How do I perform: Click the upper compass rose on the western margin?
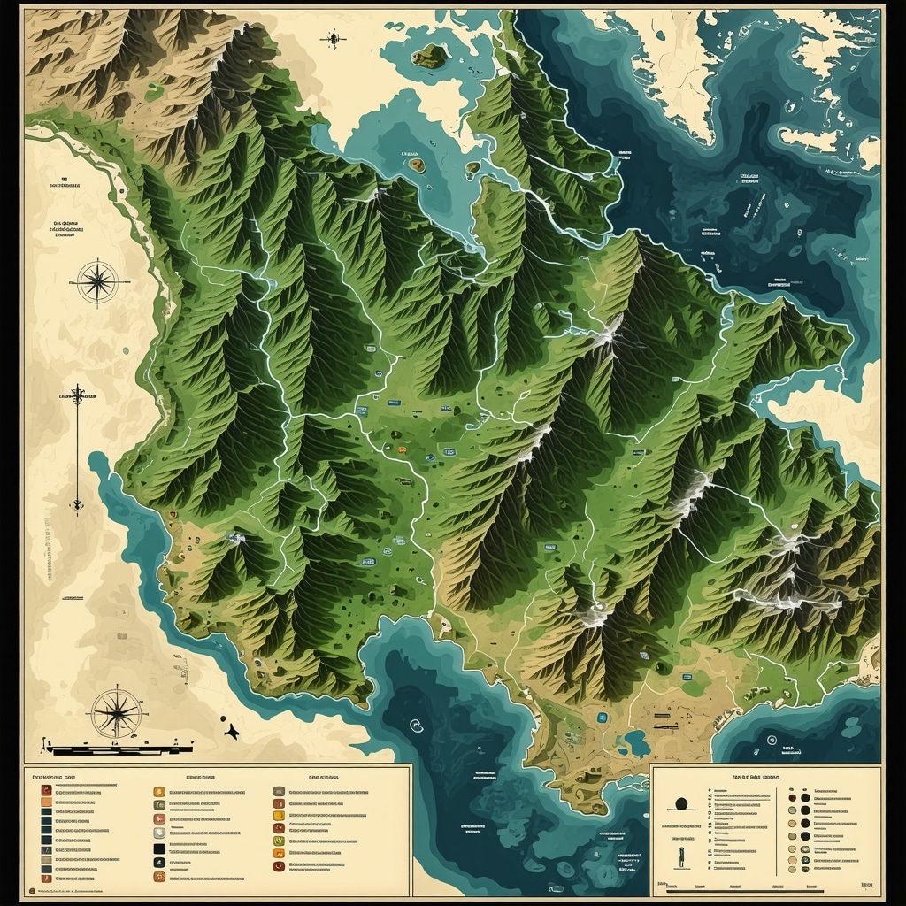[98, 282]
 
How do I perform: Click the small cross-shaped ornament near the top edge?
[334, 38]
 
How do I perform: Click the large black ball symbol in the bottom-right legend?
[682, 804]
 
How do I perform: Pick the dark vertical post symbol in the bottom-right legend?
[681, 857]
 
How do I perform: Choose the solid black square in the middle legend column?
[159, 848]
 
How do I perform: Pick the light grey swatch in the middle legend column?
[159, 833]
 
